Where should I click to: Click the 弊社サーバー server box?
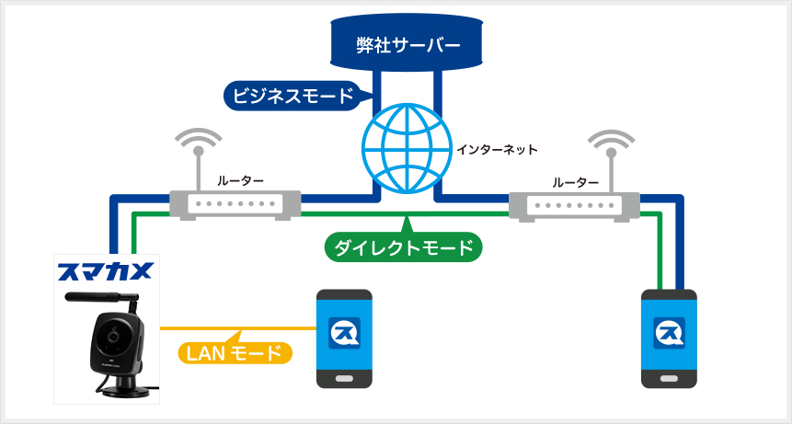[x=407, y=43]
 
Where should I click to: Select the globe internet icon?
[x=407, y=149]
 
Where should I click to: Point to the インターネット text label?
[x=498, y=149]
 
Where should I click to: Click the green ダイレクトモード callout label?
[x=403, y=246]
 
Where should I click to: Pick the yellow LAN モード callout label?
[x=235, y=352]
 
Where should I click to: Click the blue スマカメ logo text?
[x=105, y=271]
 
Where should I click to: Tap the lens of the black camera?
[x=113, y=336]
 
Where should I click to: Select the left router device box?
[x=235, y=205]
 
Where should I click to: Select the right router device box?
[x=575, y=205]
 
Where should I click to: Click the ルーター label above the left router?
[x=240, y=180]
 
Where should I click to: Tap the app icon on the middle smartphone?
[x=344, y=333]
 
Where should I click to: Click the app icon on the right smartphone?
[x=670, y=333]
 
